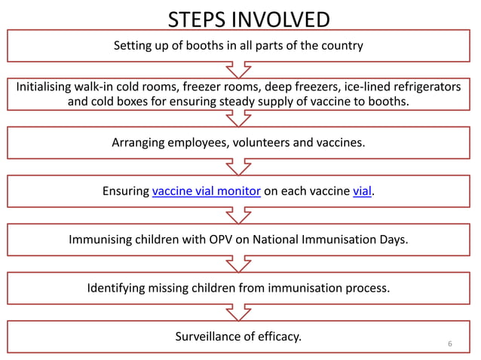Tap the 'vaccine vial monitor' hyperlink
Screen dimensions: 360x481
pyautogui.click(x=206, y=191)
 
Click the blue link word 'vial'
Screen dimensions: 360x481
pyautogui.click(x=362, y=191)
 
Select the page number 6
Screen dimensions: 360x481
pyautogui.click(x=450, y=344)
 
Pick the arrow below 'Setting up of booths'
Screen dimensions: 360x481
pyautogui.click(x=238, y=69)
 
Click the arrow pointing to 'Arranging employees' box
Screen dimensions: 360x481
pyautogui.click(x=238, y=119)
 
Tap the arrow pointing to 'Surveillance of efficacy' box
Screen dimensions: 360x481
pyautogui.click(x=238, y=312)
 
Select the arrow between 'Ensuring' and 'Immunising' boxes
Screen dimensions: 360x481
pyautogui.click(x=238, y=215)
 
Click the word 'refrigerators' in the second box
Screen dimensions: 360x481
pyautogui.click(x=423, y=87)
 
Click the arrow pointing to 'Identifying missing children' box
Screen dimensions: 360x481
pyautogui.click(x=238, y=264)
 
